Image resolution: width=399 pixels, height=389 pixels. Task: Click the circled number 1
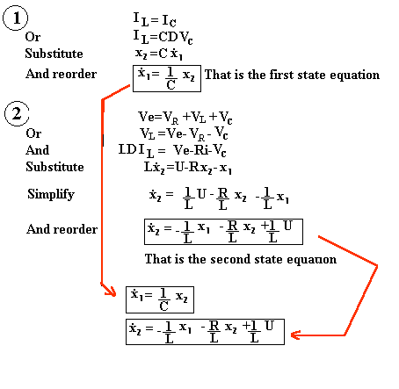tap(16, 18)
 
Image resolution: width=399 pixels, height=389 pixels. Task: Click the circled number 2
tap(17, 113)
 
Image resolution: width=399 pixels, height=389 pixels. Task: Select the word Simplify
tap(51, 194)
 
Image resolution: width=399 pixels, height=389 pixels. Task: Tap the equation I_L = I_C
tap(155, 19)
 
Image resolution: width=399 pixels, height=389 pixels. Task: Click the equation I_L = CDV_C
tap(163, 37)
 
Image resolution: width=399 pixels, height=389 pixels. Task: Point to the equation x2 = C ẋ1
tap(159, 54)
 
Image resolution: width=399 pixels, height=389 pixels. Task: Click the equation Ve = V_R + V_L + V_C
tap(185, 118)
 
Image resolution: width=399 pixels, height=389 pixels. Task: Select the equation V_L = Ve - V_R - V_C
tap(184, 134)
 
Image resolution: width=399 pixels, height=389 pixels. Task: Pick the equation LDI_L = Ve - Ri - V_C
tap(172, 151)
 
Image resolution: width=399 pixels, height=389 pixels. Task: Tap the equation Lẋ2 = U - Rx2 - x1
tap(188, 168)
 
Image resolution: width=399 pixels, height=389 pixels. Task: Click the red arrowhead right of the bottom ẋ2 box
tap(295, 335)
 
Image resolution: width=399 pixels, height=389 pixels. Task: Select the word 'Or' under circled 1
tap(33, 37)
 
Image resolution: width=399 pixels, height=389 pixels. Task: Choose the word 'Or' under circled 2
tap(33, 133)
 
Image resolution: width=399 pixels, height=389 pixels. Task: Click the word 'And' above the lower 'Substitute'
tap(37, 150)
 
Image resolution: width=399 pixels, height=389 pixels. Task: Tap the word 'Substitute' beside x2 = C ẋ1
tap(54, 54)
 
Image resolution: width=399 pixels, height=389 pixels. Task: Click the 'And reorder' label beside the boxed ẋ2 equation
tap(62, 229)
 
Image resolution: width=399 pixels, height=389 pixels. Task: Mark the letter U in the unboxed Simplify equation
tap(201, 194)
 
